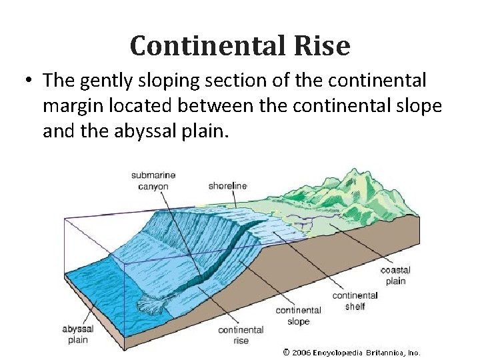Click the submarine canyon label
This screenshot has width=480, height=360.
pos(153,181)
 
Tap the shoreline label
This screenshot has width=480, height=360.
pos(227,185)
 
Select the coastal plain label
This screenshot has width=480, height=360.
pos(395,275)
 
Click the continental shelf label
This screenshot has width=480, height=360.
pos(355,301)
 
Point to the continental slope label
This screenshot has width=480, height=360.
pos(298,315)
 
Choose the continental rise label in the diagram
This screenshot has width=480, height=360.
pos(241,335)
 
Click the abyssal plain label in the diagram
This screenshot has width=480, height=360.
pos(77,334)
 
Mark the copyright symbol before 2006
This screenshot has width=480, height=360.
pos(286,352)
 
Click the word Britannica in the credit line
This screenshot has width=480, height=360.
pos(386,352)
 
